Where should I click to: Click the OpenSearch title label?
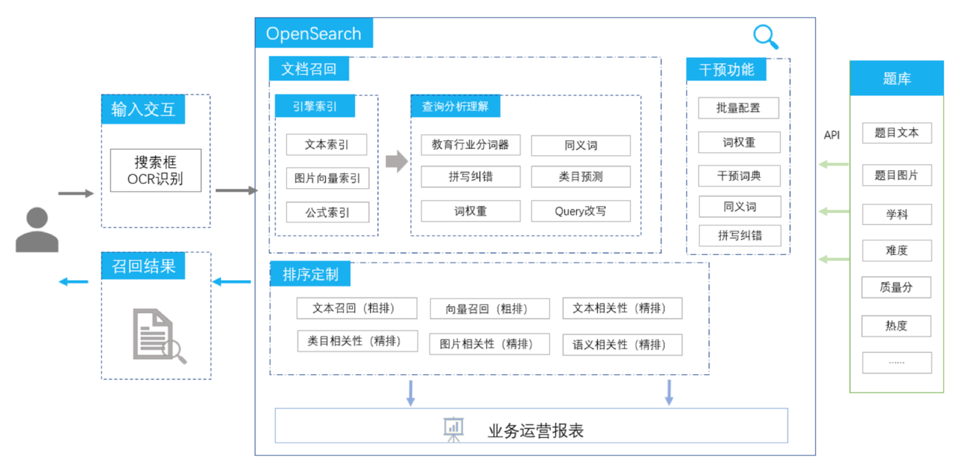313,34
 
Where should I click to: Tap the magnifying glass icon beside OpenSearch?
766,37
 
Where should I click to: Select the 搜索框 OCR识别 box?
155,170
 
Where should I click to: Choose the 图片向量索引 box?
327,178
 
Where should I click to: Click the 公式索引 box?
327,212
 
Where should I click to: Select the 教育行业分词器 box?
470,145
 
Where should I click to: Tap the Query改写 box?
580,211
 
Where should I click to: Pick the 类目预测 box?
580,176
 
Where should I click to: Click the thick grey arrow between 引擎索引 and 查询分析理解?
396,162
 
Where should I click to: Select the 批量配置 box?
738,108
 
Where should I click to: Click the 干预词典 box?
739,176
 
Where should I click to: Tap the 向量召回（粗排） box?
489,309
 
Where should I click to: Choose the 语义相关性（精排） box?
622,345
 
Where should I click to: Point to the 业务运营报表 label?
536,430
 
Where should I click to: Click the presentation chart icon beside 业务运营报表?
453,429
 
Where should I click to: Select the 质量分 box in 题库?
896,288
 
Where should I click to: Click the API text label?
831,135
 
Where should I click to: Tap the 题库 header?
897,79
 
